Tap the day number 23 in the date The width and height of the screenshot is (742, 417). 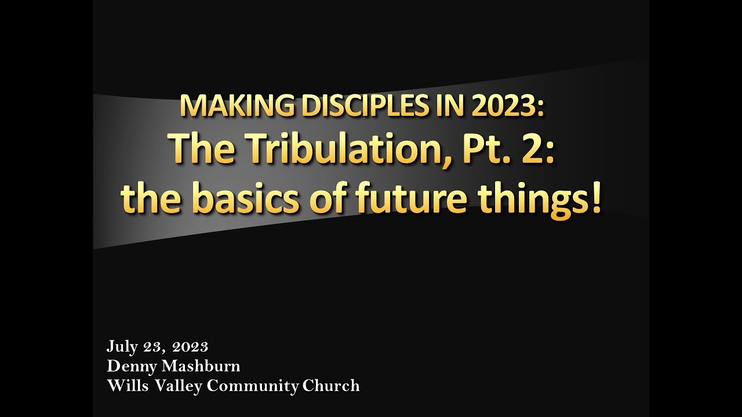pyautogui.click(x=154, y=347)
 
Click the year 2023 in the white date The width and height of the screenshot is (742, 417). pyautogui.click(x=190, y=347)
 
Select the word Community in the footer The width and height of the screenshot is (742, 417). pyautogui.click(x=252, y=386)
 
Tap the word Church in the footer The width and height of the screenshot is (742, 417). pyautogui.click(x=331, y=385)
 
